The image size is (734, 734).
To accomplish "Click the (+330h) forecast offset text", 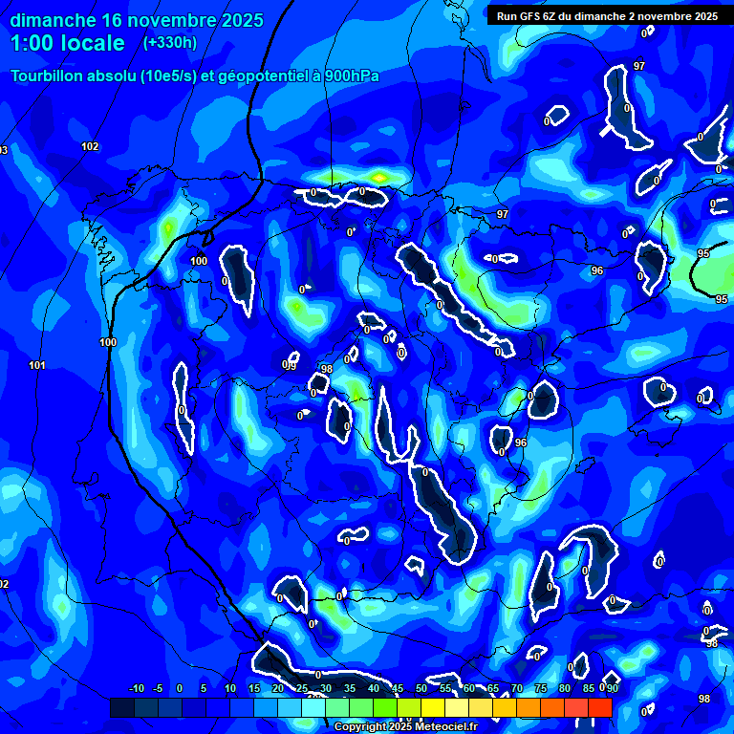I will (x=170, y=42).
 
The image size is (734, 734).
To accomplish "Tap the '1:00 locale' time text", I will (x=68, y=43).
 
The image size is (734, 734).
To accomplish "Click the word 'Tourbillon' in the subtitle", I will (x=49, y=76).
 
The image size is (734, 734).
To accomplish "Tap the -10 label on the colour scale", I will (x=136, y=688).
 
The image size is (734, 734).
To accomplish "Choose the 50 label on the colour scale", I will (x=421, y=688).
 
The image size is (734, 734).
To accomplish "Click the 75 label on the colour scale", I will (x=541, y=688).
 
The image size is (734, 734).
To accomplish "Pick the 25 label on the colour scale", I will (x=302, y=688).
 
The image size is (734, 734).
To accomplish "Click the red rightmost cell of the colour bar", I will (x=599, y=707).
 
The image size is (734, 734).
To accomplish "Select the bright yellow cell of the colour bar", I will (x=432, y=707).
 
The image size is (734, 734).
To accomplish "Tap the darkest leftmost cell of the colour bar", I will (x=121, y=707).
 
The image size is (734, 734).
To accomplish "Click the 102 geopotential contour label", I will (x=90, y=146).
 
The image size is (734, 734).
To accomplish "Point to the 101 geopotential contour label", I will (x=37, y=365).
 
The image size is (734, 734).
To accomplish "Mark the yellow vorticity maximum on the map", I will (x=380, y=177).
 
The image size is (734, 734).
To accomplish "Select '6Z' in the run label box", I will (x=550, y=16).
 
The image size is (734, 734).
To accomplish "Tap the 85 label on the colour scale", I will (x=589, y=688).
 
